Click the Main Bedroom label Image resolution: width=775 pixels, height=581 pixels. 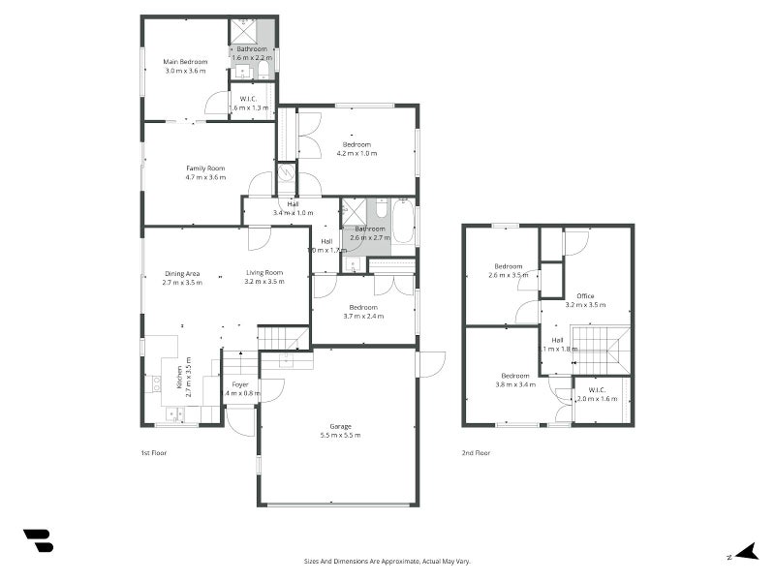(186, 62)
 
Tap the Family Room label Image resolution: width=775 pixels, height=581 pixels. (205, 168)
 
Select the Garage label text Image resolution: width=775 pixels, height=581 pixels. (340, 426)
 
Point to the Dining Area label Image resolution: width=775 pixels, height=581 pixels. (182, 273)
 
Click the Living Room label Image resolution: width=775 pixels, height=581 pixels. (263, 273)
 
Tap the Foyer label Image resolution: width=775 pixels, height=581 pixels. (240, 384)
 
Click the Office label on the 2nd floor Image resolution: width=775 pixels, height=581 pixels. (585, 295)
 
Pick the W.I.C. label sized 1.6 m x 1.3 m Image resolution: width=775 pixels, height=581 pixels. (249, 107)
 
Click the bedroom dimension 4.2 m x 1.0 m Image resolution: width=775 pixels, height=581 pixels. (356, 153)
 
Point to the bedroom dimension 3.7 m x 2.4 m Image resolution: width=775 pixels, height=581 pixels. (363, 316)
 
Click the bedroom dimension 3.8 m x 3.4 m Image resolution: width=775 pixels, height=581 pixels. (515, 384)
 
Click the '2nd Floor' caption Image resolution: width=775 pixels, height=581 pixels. (476, 452)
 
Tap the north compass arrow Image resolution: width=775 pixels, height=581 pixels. (745, 553)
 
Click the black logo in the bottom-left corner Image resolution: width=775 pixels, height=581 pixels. (38, 540)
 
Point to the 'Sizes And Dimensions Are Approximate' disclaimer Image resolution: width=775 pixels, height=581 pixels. (387, 561)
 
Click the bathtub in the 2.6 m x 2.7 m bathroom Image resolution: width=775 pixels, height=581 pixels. (404, 222)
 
